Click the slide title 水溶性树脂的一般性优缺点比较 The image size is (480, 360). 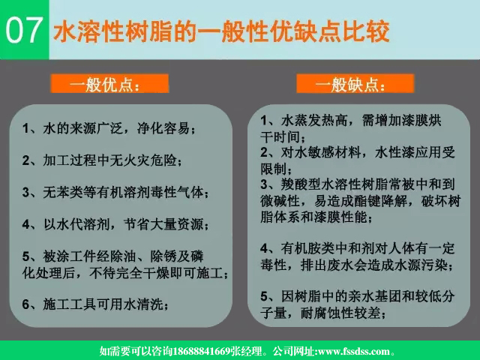[222, 31]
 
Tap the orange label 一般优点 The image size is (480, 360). [106, 84]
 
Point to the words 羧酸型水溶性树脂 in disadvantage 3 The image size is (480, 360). [331, 184]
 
